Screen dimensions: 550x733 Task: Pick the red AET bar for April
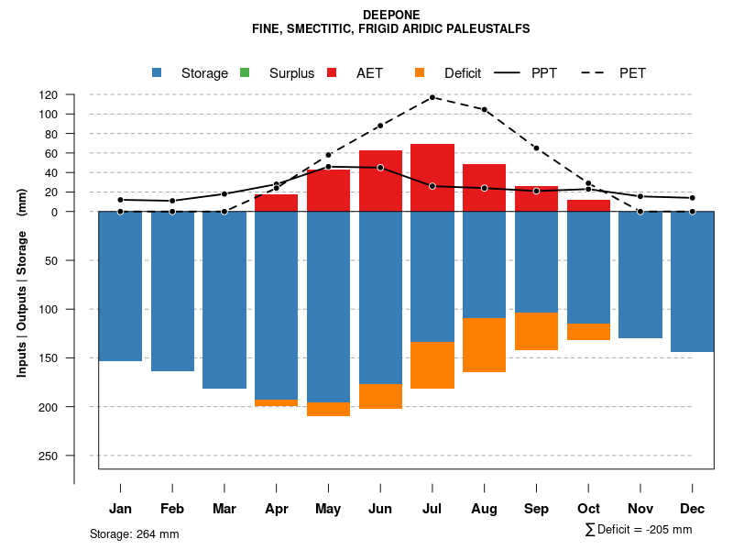276,203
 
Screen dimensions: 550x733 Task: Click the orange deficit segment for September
536,331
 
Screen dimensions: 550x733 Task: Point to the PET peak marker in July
432,97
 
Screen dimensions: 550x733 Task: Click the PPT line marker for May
328,167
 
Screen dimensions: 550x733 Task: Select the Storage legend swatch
157,72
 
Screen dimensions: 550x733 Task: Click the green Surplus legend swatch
245,72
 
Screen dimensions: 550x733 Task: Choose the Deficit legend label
463,73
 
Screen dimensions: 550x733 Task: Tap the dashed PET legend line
596,72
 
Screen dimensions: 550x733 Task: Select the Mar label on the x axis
224,509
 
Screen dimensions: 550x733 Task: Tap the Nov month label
640,509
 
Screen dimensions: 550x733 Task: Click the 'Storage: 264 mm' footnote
134,534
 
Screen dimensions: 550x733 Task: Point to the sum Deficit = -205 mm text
639,530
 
